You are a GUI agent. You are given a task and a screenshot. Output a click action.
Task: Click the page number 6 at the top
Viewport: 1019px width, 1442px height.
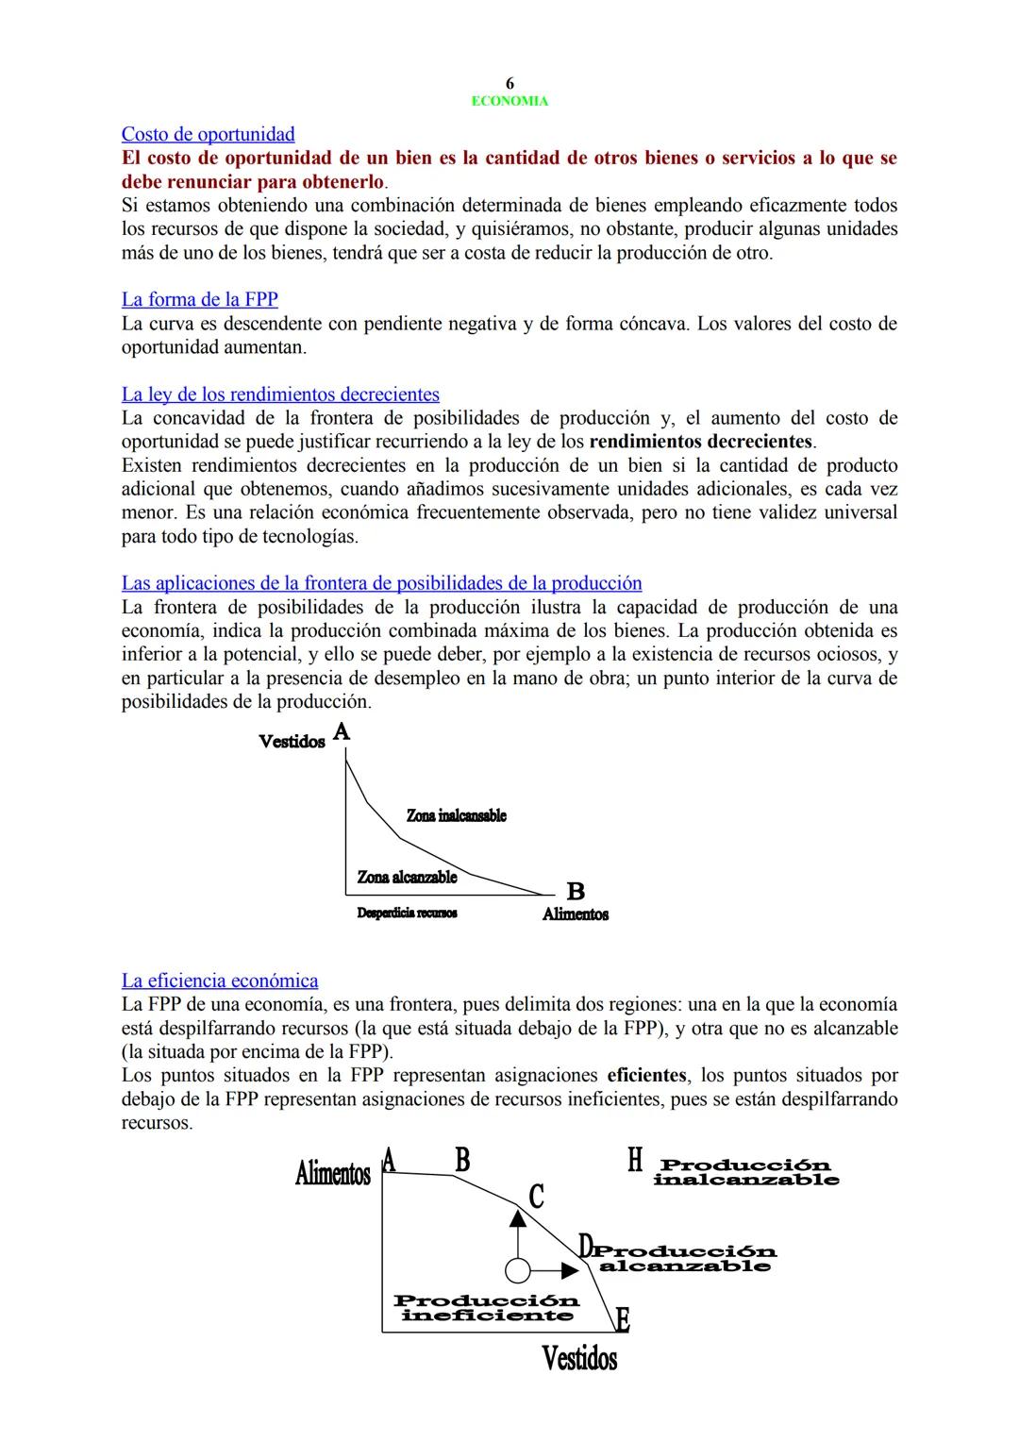[x=509, y=84]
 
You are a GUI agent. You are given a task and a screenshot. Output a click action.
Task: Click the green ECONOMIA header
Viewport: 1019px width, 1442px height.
[x=509, y=101]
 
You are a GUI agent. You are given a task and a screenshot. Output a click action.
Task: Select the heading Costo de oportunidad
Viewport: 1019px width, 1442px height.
[x=208, y=134]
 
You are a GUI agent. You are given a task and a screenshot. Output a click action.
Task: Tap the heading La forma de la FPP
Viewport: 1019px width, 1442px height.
[x=199, y=299]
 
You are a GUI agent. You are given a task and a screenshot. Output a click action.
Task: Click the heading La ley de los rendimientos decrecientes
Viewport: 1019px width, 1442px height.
[x=280, y=394]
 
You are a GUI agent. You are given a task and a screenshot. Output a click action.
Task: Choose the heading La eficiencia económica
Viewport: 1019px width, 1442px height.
[x=220, y=981]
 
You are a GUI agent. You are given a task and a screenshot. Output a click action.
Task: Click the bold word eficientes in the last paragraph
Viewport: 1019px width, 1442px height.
[x=646, y=1075]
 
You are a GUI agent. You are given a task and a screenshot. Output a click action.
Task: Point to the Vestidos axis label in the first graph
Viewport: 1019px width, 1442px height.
[x=292, y=742]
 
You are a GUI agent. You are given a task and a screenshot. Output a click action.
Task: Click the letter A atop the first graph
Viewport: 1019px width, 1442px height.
[x=342, y=731]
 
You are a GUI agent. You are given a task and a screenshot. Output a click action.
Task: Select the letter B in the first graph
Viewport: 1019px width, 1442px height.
[x=576, y=891]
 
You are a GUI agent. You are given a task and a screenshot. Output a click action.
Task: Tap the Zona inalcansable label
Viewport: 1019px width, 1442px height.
[x=456, y=815]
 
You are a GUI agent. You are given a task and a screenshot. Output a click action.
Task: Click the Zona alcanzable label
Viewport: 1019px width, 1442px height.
[x=407, y=877]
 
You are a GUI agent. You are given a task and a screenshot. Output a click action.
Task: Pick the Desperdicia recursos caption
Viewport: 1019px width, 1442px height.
[x=407, y=913]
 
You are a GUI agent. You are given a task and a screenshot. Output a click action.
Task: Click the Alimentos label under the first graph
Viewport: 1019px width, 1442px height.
[x=575, y=914]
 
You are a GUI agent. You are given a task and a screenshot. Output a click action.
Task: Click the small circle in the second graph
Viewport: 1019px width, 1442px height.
[x=517, y=1270]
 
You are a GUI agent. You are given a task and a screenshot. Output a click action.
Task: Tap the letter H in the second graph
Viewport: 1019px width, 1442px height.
[x=635, y=1161]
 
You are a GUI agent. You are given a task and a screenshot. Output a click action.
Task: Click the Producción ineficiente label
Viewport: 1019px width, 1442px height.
[x=486, y=1308]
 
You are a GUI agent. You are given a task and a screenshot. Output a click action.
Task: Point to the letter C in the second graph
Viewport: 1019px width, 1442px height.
[x=536, y=1197]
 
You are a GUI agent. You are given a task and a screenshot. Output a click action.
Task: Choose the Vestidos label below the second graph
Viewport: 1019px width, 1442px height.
[x=579, y=1359]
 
